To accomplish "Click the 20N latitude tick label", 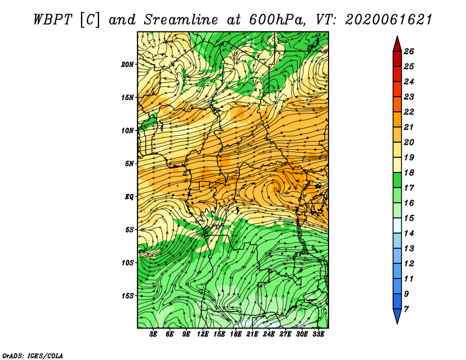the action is point(128,64).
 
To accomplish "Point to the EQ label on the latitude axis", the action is point(129,196).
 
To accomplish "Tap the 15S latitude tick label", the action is point(128,296).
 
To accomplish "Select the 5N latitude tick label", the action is point(129,164).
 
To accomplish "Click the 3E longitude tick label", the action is point(153,334).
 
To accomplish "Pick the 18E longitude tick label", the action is point(236,334).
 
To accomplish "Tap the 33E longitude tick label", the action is point(318,334).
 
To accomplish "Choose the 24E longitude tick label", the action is point(269,334).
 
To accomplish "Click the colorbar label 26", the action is point(409,51).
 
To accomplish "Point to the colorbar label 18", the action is point(409,172).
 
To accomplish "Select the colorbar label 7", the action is point(406,309).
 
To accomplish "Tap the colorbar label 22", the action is point(409,112).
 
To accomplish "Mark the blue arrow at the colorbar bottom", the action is point(397,315).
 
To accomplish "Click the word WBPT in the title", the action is point(53,20).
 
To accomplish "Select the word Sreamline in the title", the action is point(181,20).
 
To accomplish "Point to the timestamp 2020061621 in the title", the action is point(389,20).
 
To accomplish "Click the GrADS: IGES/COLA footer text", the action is point(33,356).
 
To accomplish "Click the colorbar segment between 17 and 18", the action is point(397,180).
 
